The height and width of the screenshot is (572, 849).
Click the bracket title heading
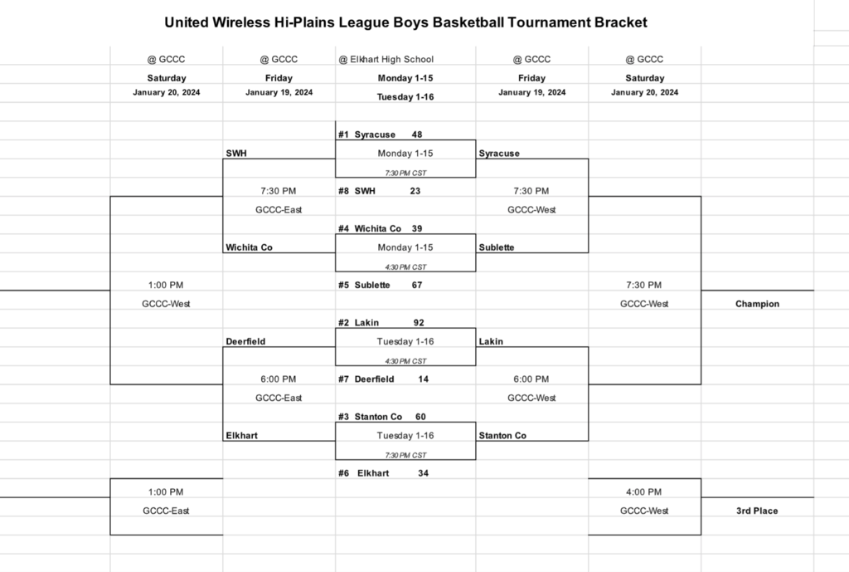coord(405,22)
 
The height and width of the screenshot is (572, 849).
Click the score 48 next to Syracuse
coord(417,134)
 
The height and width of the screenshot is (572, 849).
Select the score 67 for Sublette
coord(417,285)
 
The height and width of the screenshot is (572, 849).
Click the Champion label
coord(757,304)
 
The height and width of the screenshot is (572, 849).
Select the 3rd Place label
coord(757,511)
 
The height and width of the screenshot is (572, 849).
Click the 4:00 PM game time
coord(644,492)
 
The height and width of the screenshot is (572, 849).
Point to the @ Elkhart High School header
coord(386,59)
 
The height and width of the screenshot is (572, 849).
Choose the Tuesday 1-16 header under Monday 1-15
coord(405,96)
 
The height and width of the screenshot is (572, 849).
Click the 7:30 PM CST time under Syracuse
coord(405,173)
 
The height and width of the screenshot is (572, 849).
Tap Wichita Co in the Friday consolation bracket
coord(249,247)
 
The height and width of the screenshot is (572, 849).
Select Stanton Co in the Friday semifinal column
coord(502,436)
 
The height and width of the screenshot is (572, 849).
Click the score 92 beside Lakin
coord(420,322)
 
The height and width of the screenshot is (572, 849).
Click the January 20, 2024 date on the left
coord(166,92)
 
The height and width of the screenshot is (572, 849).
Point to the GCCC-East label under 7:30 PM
coord(279,210)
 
